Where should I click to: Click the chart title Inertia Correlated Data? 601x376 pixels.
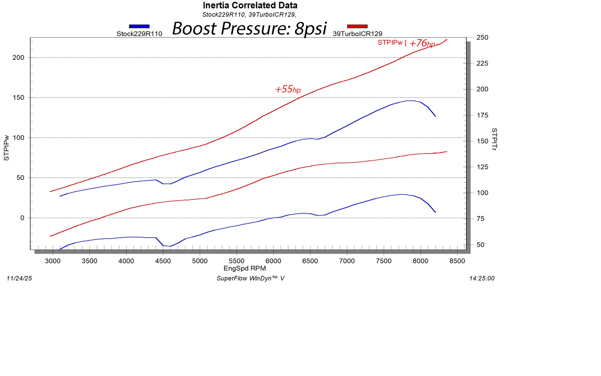tap(250, 6)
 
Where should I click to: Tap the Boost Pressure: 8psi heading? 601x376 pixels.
tap(249, 28)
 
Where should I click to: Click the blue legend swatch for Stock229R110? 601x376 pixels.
tap(139, 26)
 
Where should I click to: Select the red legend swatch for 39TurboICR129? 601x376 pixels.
tap(357, 26)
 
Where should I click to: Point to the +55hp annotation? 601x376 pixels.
tap(288, 89)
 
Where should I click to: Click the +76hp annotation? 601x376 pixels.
tap(422, 43)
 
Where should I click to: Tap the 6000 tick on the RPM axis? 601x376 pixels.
tap(273, 261)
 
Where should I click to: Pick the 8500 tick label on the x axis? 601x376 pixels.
tap(457, 261)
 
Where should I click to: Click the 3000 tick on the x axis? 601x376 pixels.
tap(52, 261)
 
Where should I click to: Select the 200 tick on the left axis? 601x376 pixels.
tap(18, 57)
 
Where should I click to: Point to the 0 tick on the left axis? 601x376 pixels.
tap(22, 218)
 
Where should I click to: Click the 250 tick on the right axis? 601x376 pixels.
tap(482, 38)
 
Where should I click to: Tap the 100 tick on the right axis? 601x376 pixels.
tap(482, 193)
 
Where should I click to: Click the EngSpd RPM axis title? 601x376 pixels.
tap(244, 269)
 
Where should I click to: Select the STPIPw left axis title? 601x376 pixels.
tap(6, 148)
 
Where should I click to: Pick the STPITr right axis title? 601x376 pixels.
tap(494, 139)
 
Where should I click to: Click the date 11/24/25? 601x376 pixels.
tap(19, 278)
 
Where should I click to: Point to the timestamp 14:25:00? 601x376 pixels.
tap(482, 278)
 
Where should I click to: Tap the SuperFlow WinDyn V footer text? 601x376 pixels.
tap(250, 278)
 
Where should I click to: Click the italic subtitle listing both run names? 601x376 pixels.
tap(249, 15)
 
